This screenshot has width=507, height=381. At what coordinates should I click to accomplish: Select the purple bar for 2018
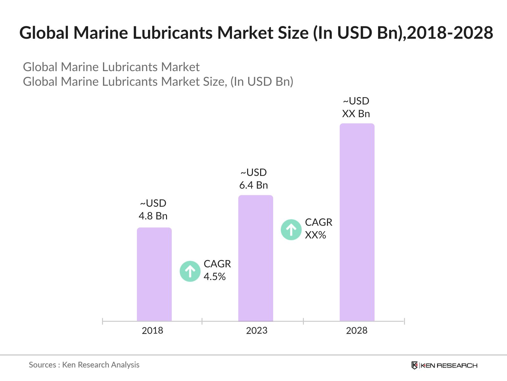(x=154, y=274)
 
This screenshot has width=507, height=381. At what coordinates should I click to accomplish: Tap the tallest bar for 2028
(x=357, y=222)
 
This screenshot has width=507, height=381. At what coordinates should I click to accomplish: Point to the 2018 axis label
(x=152, y=331)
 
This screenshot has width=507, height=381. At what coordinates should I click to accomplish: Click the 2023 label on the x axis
(x=257, y=331)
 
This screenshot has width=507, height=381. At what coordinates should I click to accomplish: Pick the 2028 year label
(x=357, y=331)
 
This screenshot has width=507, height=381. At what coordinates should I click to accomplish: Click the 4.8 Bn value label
(x=153, y=216)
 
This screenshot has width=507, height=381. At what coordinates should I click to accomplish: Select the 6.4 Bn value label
(x=253, y=185)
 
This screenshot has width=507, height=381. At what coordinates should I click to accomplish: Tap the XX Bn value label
(x=356, y=114)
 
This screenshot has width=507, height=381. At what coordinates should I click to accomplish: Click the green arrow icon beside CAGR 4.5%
(x=190, y=271)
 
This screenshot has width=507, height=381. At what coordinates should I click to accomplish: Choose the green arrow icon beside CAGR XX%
(x=291, y=230)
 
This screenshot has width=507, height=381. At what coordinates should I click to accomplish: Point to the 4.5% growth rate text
(x=215, y=277)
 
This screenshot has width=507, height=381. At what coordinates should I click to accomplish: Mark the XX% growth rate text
(x=316, y=235)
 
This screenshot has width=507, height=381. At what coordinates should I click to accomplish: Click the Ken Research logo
(x=444, y=365)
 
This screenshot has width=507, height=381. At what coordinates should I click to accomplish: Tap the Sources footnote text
(x=84, y=365)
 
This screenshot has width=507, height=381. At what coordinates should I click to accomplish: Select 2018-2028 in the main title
(x=450, y=33)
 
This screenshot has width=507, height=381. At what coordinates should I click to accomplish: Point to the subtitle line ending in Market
(x=111, y=67)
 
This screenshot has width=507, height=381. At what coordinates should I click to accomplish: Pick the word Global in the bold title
(x=44, y=33)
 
